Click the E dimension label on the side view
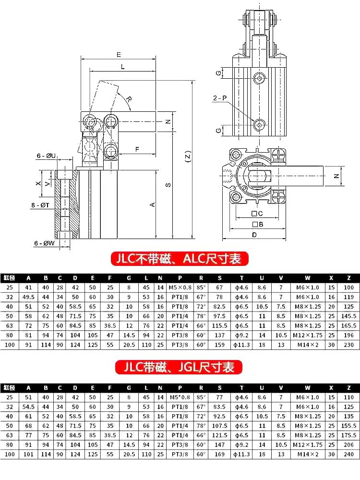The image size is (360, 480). coord(118,54)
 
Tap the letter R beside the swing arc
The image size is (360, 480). coord(128,98)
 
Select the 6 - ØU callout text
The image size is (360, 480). coord(47,156)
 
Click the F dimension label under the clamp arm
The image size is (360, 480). coord(137,149)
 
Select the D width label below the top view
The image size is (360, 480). coord(255,234)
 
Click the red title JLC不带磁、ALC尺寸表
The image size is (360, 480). coord(180,259)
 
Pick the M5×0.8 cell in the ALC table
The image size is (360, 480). coord(180,287)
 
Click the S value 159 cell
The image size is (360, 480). coord(219,345)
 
